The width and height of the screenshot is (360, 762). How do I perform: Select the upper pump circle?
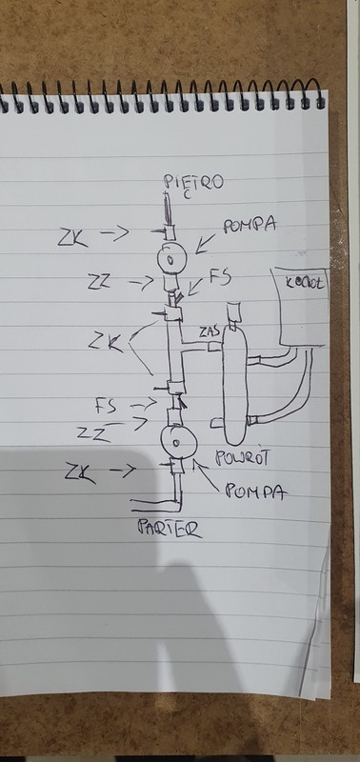pyautogui.click(x=170, y=257)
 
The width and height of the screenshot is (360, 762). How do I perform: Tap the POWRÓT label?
pyautogui.click(x=244, y=456)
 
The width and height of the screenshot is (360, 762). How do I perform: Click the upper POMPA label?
pyautogui.click(x=250, y=227)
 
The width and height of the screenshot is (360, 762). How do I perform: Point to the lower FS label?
pyautogui.click(x=108, y=406)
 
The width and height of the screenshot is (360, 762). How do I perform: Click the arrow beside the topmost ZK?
pyautogui.click(x=115, y=231)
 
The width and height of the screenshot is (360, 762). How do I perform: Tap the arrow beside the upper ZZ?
pyautogui.click(x=140, y=281)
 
